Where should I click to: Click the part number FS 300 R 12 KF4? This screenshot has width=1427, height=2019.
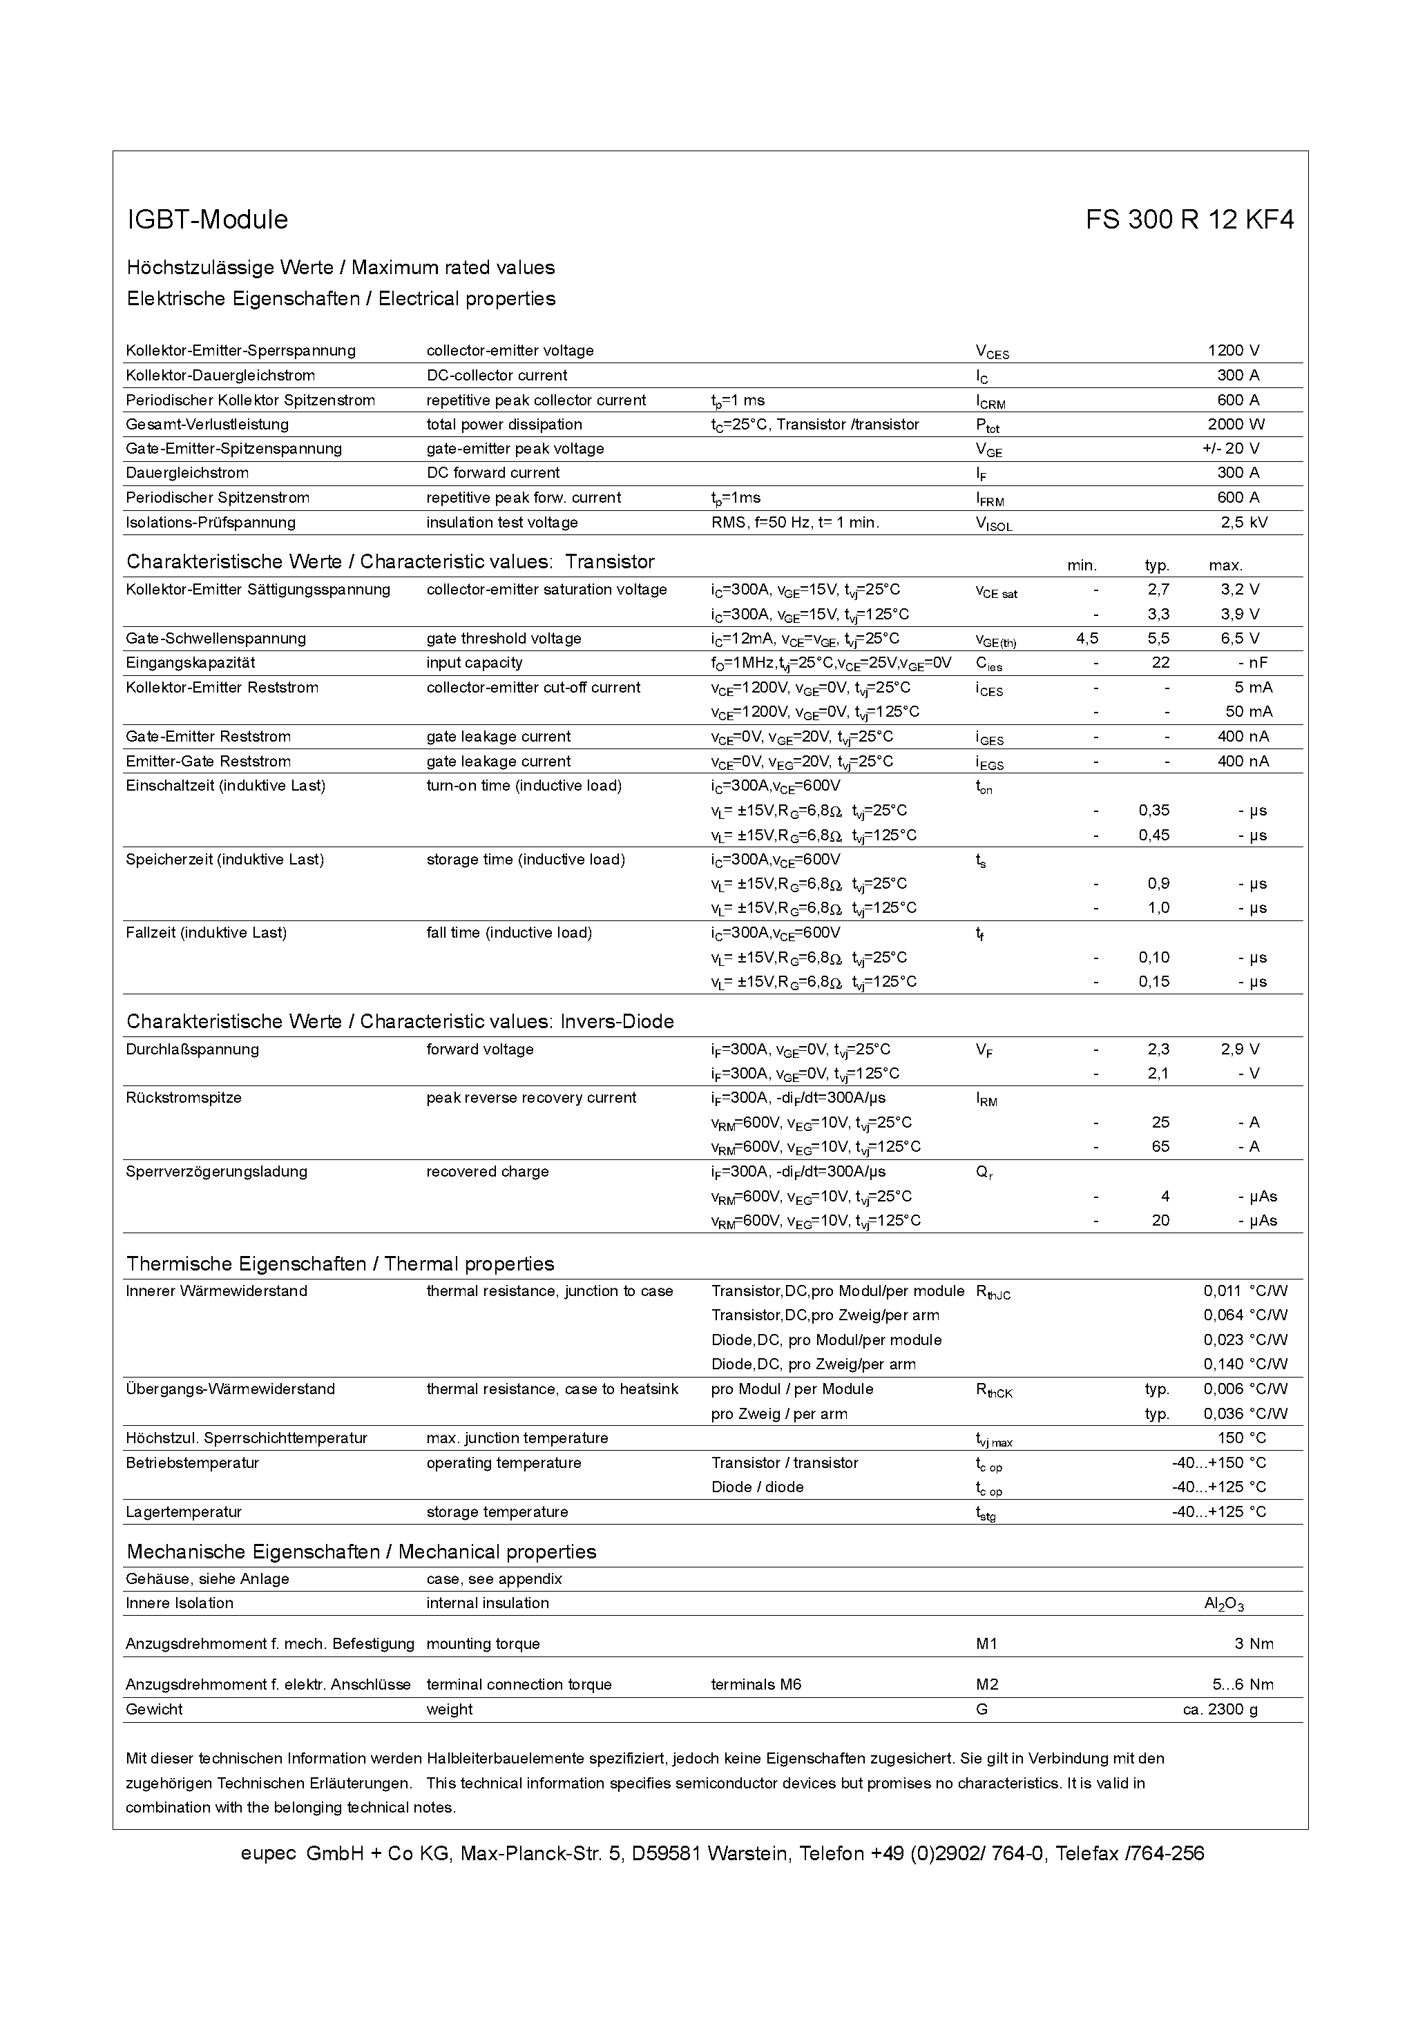1189,220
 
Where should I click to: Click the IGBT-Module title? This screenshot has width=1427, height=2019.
208,220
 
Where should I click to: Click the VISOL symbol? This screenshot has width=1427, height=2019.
993,523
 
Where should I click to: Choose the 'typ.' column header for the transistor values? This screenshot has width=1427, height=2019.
1156,566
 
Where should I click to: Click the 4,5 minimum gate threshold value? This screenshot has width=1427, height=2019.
1086,639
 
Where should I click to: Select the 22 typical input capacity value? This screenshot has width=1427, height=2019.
1160,663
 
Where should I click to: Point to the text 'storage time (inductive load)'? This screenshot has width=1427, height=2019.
525,859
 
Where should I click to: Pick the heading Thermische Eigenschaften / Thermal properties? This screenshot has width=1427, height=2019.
341,1264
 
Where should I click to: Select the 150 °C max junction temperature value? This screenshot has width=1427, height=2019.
1241,1438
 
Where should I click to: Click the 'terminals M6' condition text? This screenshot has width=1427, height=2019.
756,1685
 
